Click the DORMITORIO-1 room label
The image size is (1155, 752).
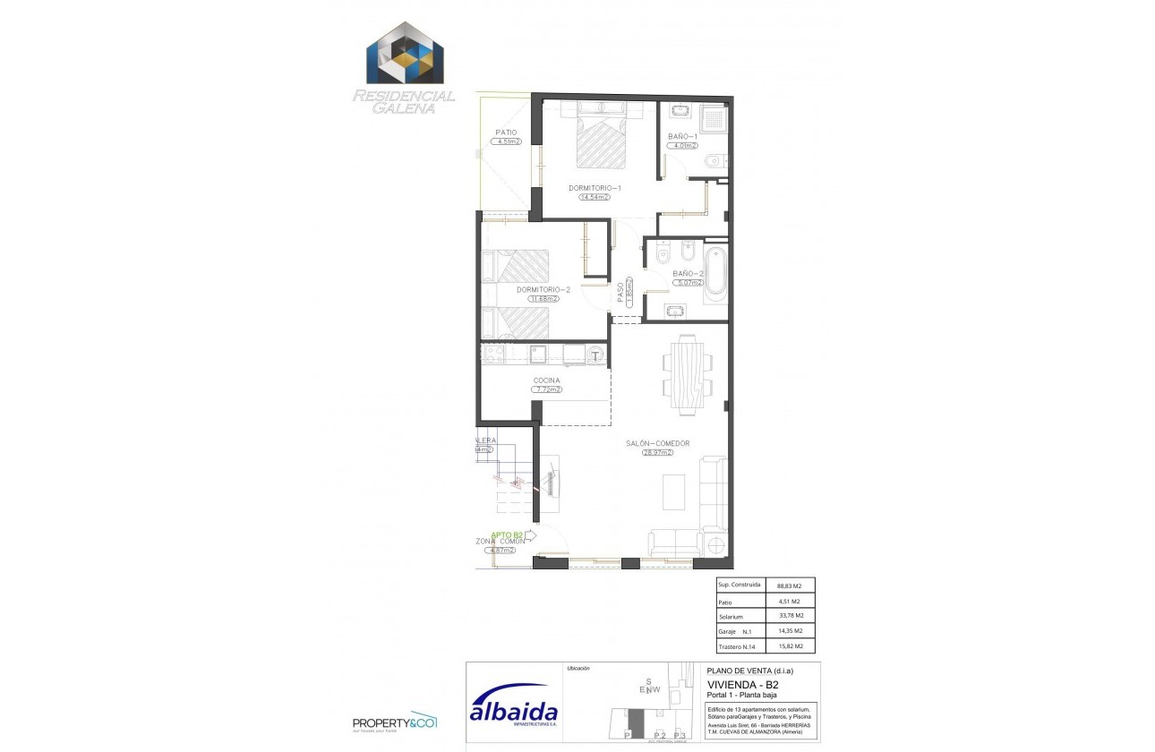click(595, 188)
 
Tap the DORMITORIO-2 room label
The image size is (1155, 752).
click(543, 290)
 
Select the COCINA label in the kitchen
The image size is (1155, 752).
click(546, 380)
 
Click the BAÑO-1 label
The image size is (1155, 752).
click(682, 137)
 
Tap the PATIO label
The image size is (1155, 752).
click(507, 132)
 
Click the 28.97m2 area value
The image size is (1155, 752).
click(657, 453)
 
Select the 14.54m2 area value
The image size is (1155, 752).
click(595, 197)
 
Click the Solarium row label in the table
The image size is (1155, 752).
click(731, 616)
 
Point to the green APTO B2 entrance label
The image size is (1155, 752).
click(507, 534)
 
